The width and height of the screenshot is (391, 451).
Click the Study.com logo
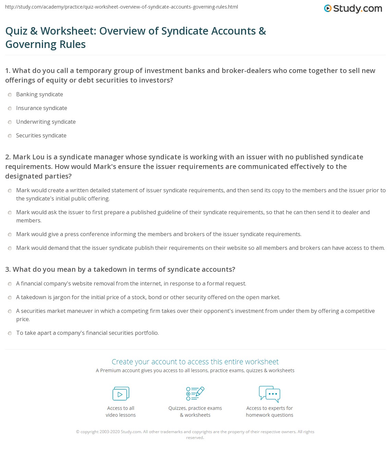click(353, 9)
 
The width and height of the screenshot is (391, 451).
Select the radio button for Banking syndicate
click(10, 95)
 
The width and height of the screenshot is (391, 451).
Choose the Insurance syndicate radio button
click(10, 109)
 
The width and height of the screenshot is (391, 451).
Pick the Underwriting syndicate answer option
click(46, 122)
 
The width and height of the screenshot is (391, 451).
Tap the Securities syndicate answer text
click(41, 136)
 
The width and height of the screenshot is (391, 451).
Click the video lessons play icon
click(121, 394)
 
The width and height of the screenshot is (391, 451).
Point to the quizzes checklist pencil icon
click(195, 393)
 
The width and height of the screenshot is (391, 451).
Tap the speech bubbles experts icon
click(270, 394)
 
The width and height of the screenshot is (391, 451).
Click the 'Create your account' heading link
click(195, 362)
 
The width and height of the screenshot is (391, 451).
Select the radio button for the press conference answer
click(10, 235)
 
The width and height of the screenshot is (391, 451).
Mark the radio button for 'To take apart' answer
click(10, 333)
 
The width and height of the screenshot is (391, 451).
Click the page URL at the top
click(122, 7)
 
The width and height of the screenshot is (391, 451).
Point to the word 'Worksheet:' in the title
click(69, 31)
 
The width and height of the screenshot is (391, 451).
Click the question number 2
click(8, 157)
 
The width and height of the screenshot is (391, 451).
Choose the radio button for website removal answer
click(10, 284)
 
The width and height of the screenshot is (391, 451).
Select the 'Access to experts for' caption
click(270, 408)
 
